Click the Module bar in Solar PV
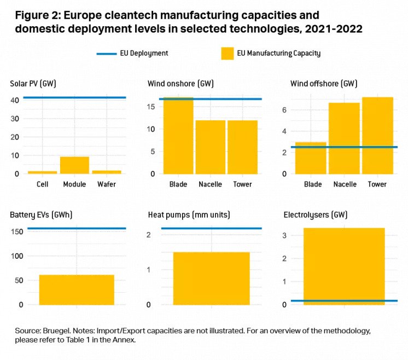74,165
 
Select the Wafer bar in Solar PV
107,172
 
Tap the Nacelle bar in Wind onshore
211,147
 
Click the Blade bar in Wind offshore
311,158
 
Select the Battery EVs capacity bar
77,290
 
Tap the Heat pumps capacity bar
211,278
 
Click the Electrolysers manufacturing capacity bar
344,263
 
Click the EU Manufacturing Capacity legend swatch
227,54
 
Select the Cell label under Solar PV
42,184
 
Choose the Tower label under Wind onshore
242,184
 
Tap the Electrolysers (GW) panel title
316,215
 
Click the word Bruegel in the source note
56,331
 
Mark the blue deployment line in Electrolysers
344,301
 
